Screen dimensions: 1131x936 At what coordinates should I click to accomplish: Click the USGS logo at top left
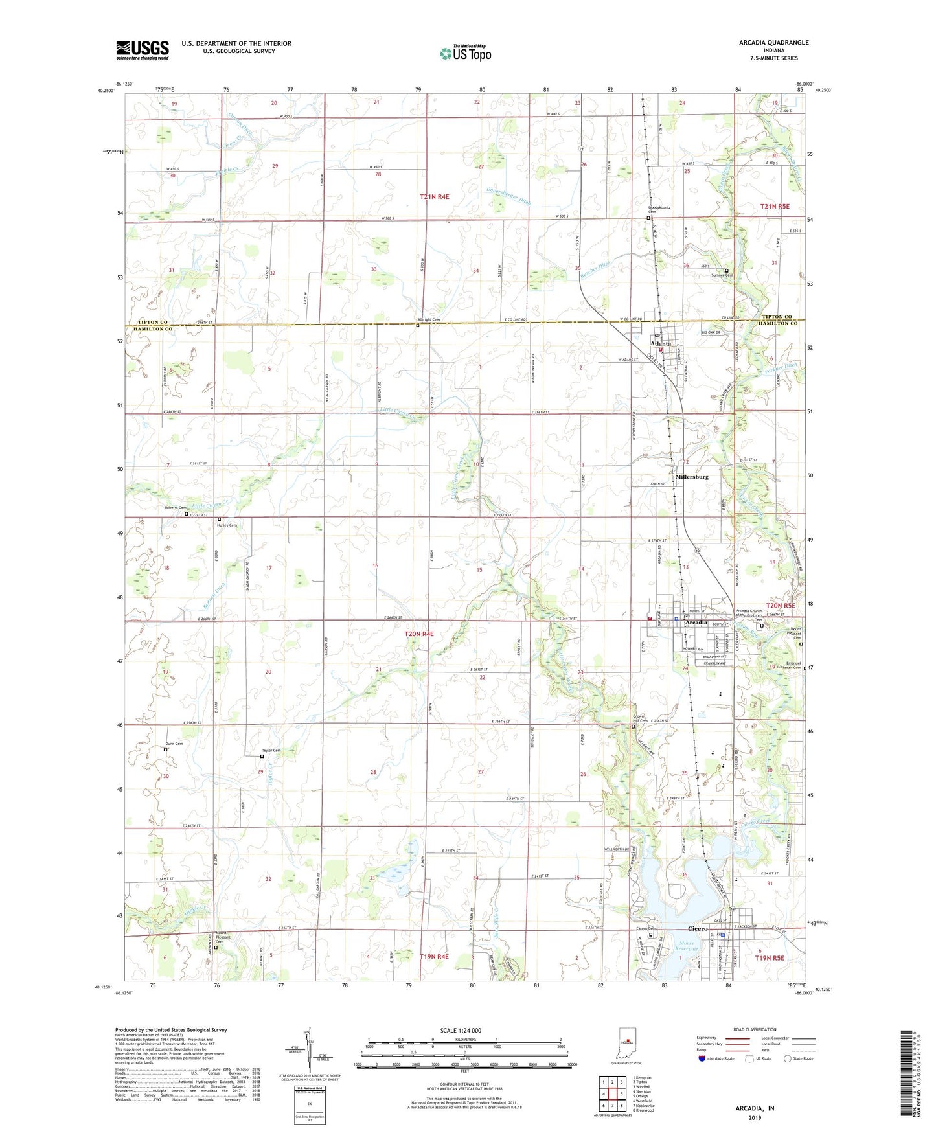tap(142, 50)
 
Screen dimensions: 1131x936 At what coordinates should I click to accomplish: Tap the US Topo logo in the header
tap(465, 53)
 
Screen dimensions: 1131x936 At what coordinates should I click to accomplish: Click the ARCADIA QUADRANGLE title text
tap(773, 43)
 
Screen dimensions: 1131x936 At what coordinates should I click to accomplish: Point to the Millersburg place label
tap(692, 477)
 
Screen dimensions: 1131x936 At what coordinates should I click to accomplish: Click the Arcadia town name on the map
tap(696, 622)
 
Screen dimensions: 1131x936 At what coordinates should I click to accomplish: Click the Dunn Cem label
tap(174, 744)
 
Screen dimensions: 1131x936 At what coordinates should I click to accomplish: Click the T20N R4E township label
tap(419, 634)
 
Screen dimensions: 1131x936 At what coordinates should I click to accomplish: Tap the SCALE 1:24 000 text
tap(460, 1031)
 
